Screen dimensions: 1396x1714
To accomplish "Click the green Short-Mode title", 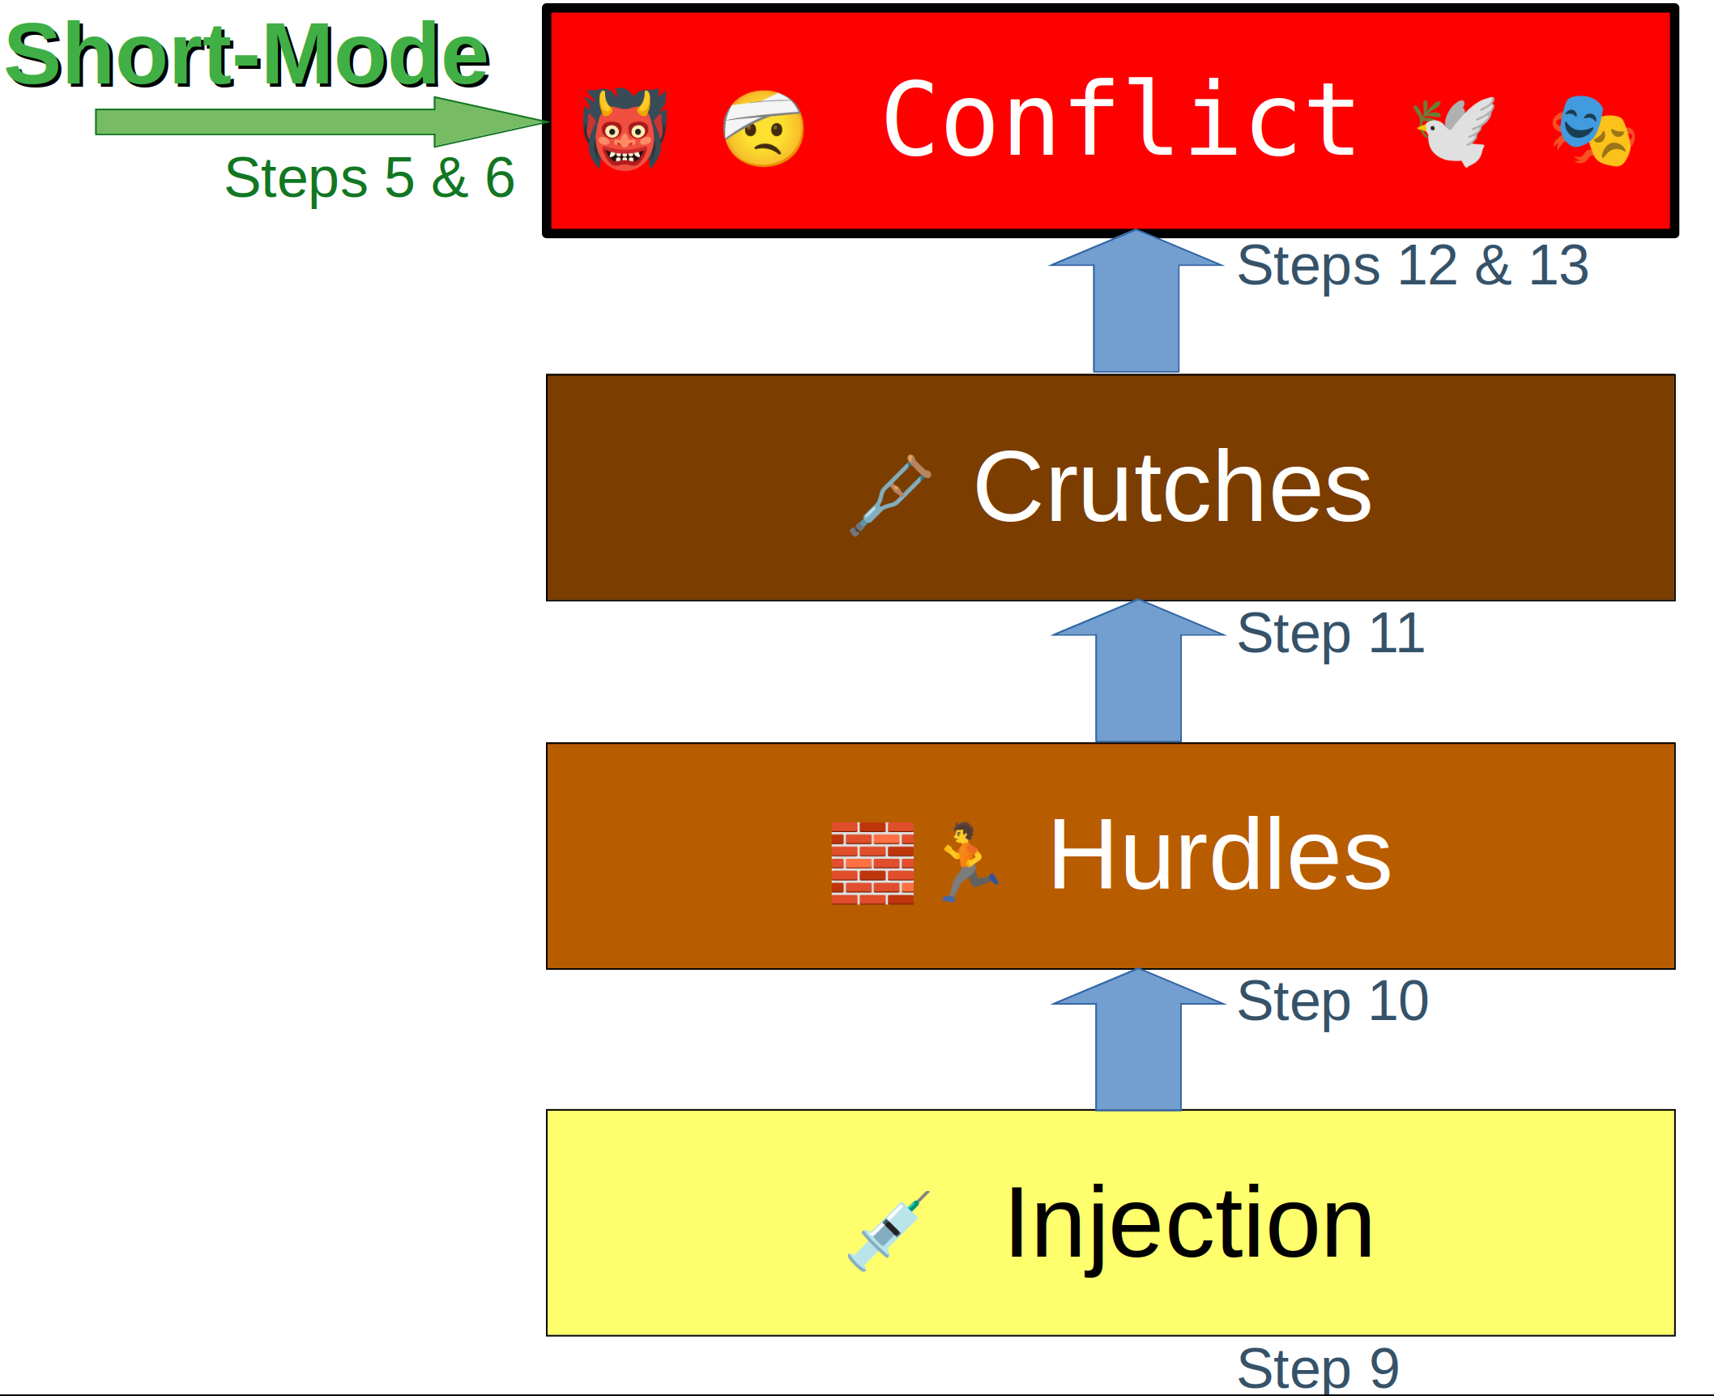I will (247, 55).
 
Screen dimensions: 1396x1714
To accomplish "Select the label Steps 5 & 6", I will (369, 178).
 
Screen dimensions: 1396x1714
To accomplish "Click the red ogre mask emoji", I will (625, 129).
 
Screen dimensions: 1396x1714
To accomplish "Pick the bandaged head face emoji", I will (763, 129).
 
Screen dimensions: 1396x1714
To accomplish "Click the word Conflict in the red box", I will (1119, 122).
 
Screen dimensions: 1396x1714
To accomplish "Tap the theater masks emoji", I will (1592, 130).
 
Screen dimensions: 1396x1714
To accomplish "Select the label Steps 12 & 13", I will (1413, 266).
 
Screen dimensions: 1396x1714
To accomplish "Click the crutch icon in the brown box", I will (890, 494).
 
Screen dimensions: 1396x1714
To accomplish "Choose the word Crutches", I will (1172, 488).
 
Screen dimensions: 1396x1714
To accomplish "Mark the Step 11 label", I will (1330, 634).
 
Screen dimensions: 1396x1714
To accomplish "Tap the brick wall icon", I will (872, 863).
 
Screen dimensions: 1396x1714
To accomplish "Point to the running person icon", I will (969, 861).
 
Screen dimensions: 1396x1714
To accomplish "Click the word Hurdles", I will (1219, 856).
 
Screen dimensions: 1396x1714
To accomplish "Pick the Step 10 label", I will (1332, 1001).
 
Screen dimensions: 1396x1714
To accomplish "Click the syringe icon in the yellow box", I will (888, 1231).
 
